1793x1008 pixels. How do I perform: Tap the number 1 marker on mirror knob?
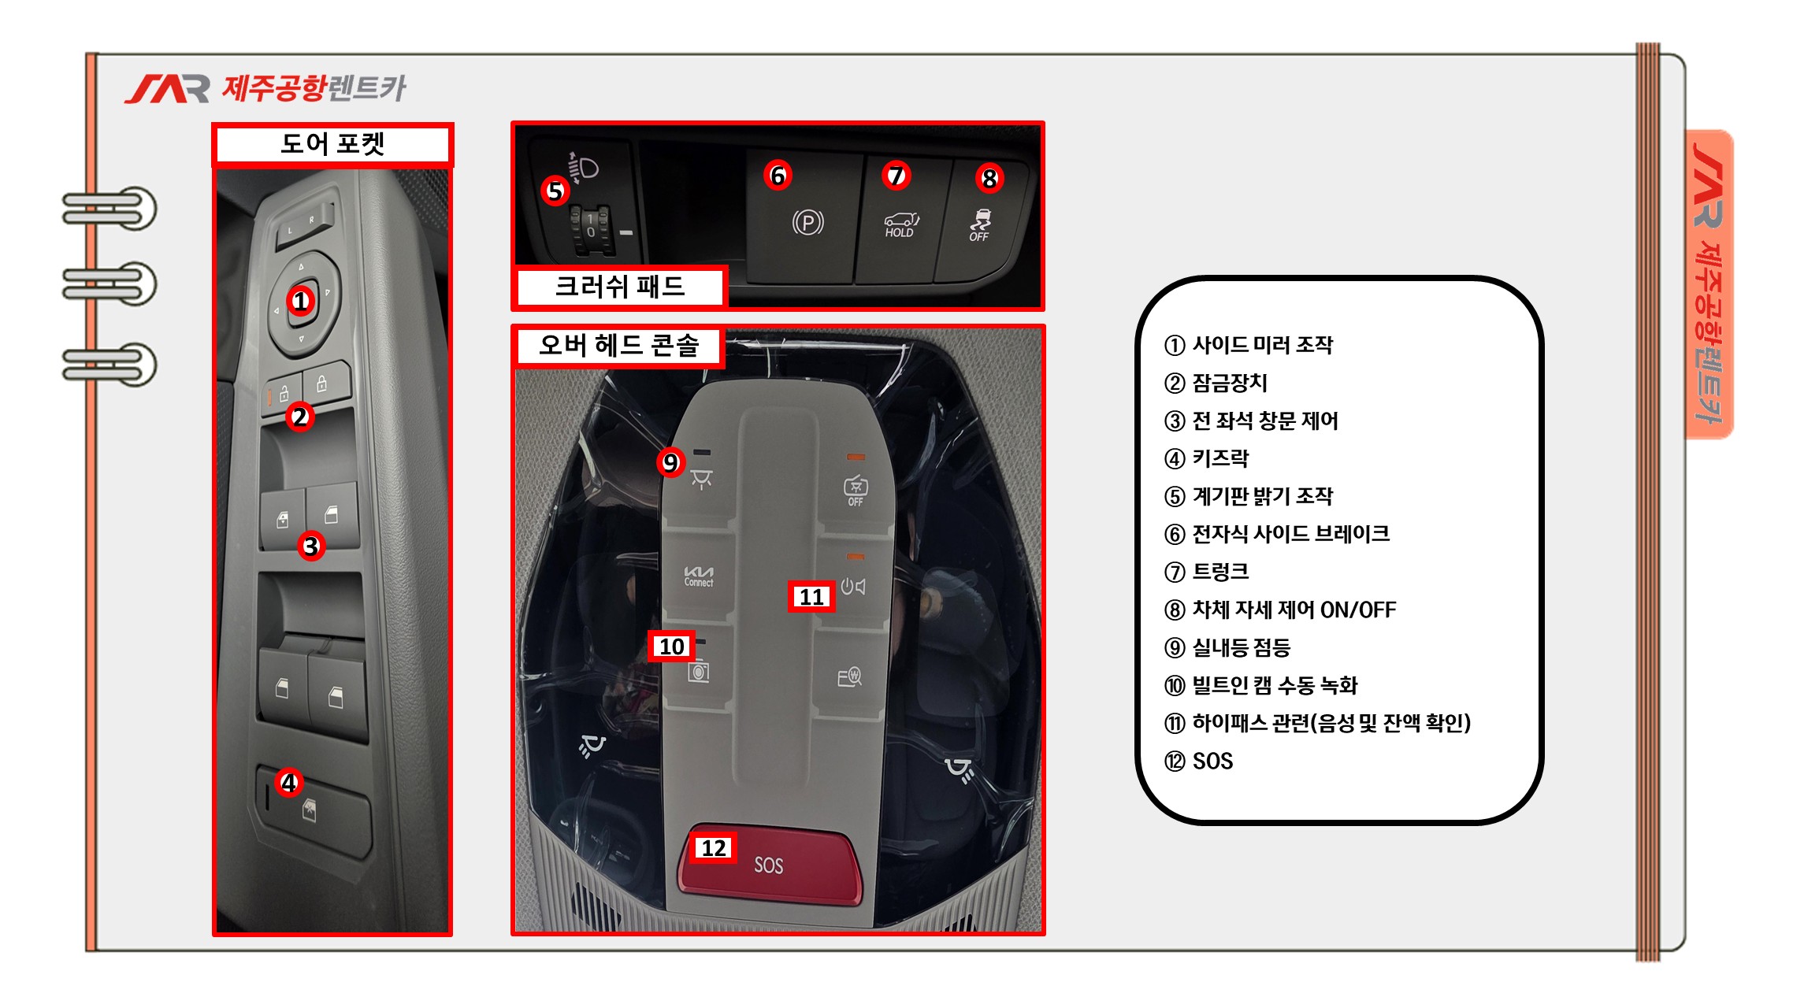300,301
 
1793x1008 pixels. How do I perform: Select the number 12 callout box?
715,848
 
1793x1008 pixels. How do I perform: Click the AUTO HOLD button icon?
900,224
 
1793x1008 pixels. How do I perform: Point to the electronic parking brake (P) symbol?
807,223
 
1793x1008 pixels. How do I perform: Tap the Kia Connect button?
699,576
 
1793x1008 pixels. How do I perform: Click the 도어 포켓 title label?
332,144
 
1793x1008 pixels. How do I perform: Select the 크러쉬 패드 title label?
619,287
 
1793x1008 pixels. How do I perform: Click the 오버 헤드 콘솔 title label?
619,346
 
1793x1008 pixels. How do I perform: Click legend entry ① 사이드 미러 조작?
1249,345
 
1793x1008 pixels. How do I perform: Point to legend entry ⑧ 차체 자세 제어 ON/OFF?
1280,610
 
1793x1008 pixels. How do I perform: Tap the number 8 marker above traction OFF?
989,179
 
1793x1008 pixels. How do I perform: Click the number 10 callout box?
671,647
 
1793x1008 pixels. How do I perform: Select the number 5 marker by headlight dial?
555,191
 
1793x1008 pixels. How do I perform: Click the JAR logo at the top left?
167,89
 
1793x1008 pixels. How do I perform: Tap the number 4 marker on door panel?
289,783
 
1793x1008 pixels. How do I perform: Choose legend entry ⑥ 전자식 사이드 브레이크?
1277,534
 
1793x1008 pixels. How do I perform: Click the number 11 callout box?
811,597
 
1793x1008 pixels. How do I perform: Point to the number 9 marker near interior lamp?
670,462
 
